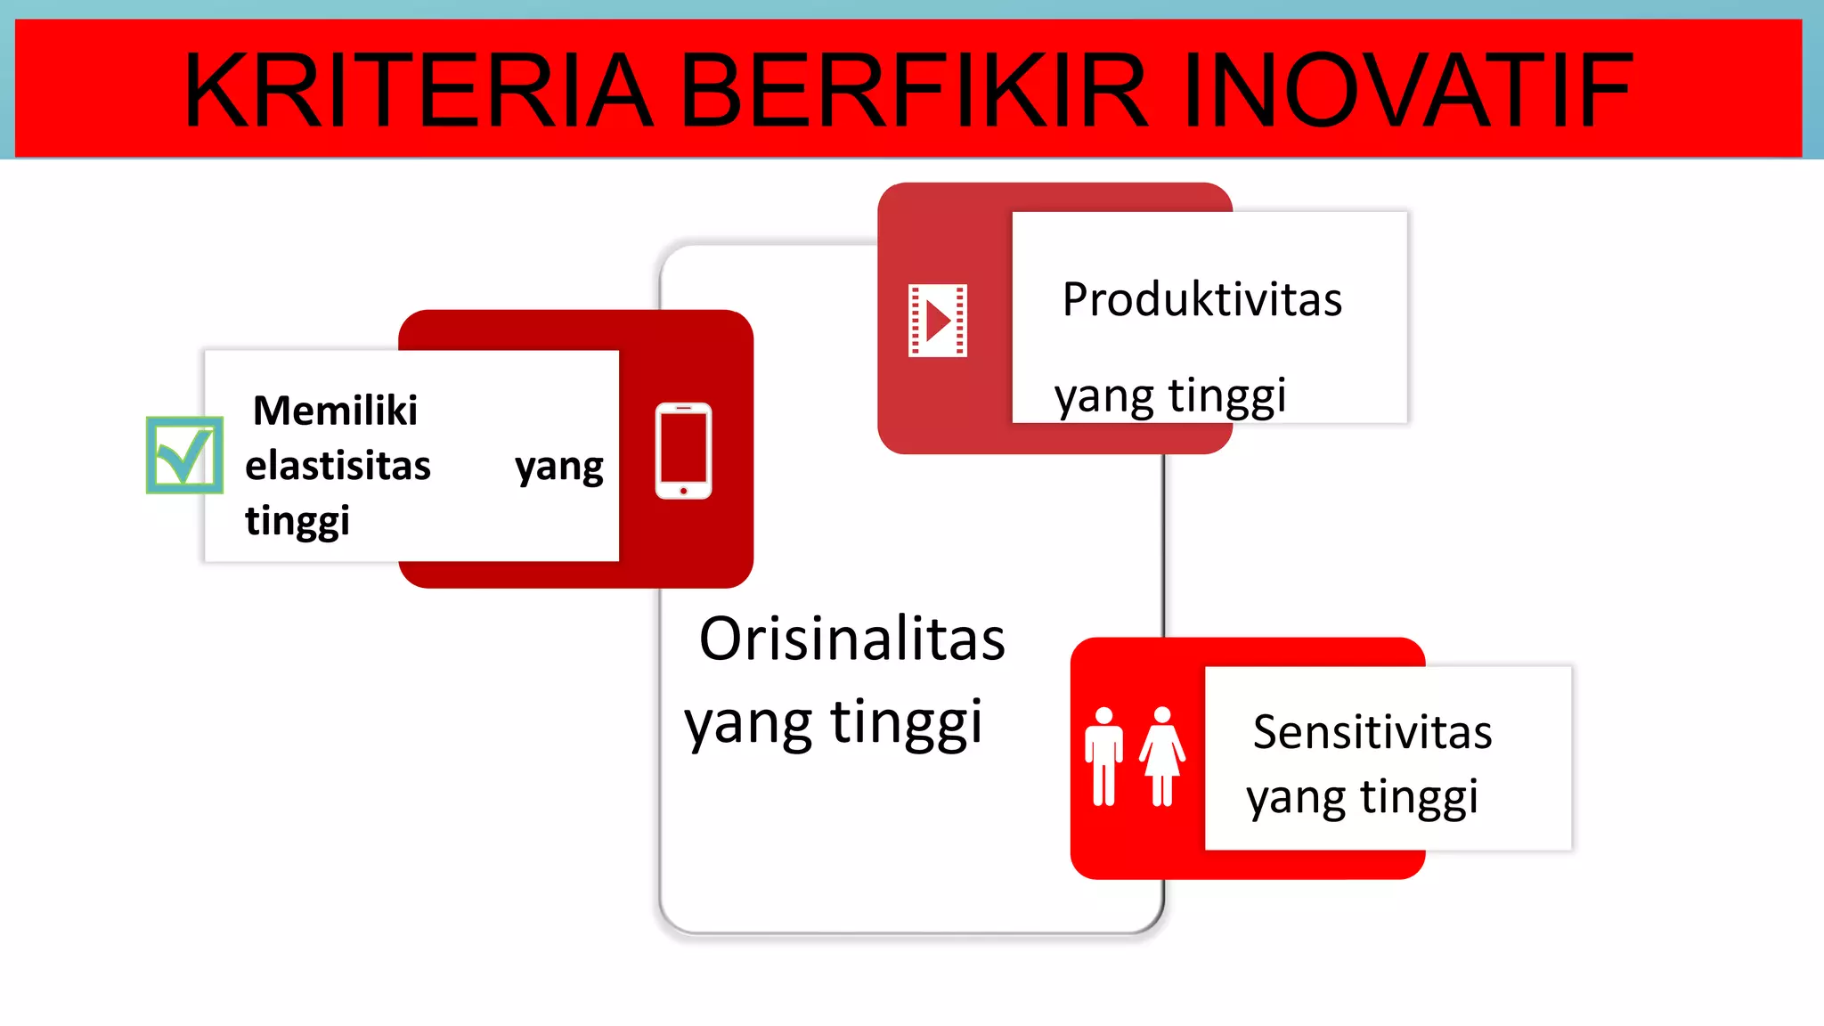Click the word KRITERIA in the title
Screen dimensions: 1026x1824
419,91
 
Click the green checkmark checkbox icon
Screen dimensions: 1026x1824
184,455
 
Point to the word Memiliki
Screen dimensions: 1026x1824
335,411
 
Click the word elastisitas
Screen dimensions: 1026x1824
338,466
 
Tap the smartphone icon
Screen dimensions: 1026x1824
683,451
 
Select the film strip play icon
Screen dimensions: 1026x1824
937,321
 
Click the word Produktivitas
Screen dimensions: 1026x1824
1201,299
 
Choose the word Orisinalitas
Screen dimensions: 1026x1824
851,639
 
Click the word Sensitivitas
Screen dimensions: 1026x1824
1372,732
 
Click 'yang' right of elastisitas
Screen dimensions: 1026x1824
559,467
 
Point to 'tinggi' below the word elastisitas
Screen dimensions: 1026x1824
297,521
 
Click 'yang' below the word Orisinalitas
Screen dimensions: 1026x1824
747,723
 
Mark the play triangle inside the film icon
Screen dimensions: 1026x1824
938,321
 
